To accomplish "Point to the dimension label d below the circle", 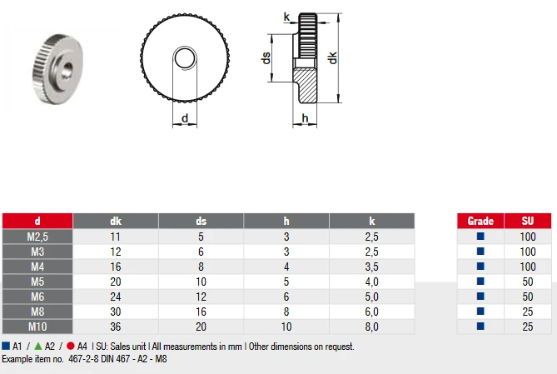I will (x=184, y=118).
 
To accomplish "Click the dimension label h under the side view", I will (x=306, y=118).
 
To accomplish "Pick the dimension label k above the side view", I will (x=286, y=16).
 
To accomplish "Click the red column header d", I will (x=37, y=221).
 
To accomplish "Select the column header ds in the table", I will (x=201, y=221).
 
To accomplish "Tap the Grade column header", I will (x=480, y=221).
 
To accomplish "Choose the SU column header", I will (x=527, y=221).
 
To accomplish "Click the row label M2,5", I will (x=37, y=237).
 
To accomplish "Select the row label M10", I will (x=37, y=326).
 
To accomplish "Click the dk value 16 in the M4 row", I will (x=116, y=267).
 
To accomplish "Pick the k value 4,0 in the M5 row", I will (x=371, y=282).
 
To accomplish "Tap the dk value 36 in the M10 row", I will (x=116, y=326).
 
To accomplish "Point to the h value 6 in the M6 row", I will (x=286, y=297).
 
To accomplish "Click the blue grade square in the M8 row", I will (x=480, y=312).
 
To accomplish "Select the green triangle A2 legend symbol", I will (x=38, y=346).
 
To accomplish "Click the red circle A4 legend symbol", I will (x=71, y=346).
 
